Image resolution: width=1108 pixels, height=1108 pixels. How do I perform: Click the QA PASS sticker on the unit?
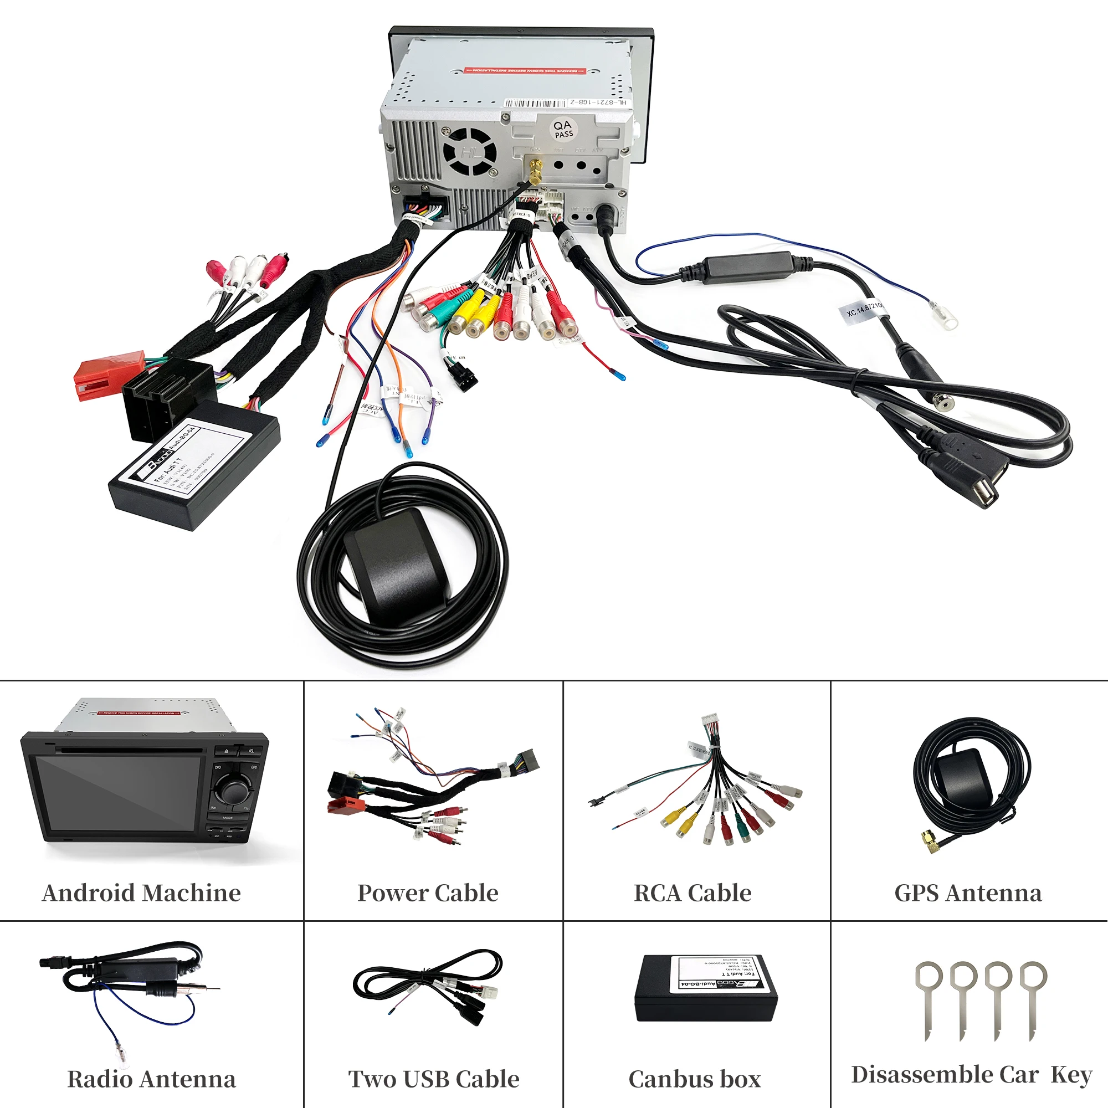[563, 129]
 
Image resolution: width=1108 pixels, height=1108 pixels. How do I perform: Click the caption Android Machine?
[142, 893]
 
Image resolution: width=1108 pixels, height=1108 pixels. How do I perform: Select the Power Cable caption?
[428, 893]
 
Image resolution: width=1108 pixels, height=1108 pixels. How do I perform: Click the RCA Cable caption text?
[692, 893]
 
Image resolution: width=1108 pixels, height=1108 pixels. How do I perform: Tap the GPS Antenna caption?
[968, 893]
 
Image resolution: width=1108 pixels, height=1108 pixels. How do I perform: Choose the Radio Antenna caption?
[151, 1079]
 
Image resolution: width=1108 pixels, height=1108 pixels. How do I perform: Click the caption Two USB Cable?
[434, 1079]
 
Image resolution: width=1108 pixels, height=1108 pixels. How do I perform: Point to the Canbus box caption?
[695, 1079]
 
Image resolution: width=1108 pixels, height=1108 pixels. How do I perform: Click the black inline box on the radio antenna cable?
[746, 267]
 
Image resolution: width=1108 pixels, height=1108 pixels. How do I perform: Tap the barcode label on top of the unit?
[537, 103]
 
